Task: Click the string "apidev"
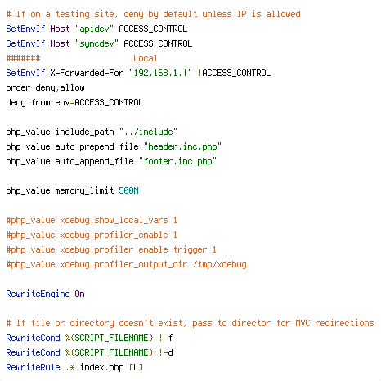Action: tap(94, 29)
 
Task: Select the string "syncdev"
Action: tap(96, 43)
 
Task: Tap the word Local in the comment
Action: tap(146, 58)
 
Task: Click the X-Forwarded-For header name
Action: tap(87, 73)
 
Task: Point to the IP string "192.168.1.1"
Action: tap(160, 73)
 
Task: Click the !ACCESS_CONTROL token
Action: tap(234, 73)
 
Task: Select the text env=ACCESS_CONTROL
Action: tap(99, 102)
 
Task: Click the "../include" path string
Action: tap(148, 132)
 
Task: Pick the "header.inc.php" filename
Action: tap(182, 146)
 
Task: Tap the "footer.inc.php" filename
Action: tap(177, 161)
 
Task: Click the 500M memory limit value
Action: tap(128, 190)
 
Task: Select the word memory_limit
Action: tap(84, 190)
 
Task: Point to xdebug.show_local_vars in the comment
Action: tap(114, 220)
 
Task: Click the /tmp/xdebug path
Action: tap(220, 264)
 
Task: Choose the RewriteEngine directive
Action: tap(38, 294)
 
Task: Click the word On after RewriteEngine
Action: tap(79, 294)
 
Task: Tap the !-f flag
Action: tap(165, 338)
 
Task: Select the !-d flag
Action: tap(165, 352)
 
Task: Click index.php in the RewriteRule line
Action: tap(101, 367)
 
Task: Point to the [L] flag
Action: tap(136, 367)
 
